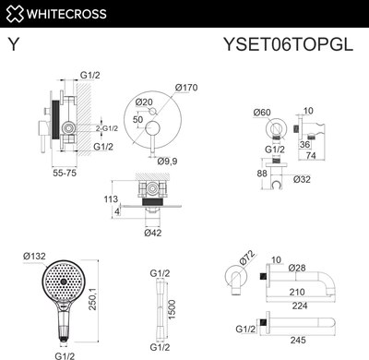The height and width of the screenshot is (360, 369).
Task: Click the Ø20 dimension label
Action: (144, 102)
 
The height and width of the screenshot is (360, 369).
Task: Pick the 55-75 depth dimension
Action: (63, 173)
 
